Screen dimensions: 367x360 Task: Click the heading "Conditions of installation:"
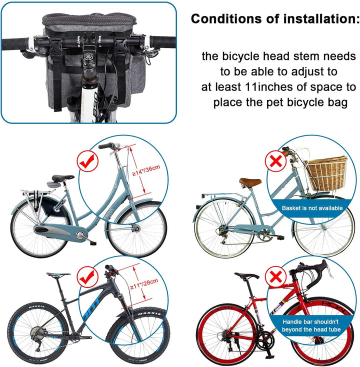[x=274, y=19]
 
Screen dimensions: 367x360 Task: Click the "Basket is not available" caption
[x=312, y=208]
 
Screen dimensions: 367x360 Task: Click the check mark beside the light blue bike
[x=86, y=161]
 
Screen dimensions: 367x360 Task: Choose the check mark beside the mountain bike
[x=86, y=274]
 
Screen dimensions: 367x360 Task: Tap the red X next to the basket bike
[x=276, y=161]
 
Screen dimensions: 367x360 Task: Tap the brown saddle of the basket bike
[x=249, y=181]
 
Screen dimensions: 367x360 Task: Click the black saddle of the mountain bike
[x=58, y=274]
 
